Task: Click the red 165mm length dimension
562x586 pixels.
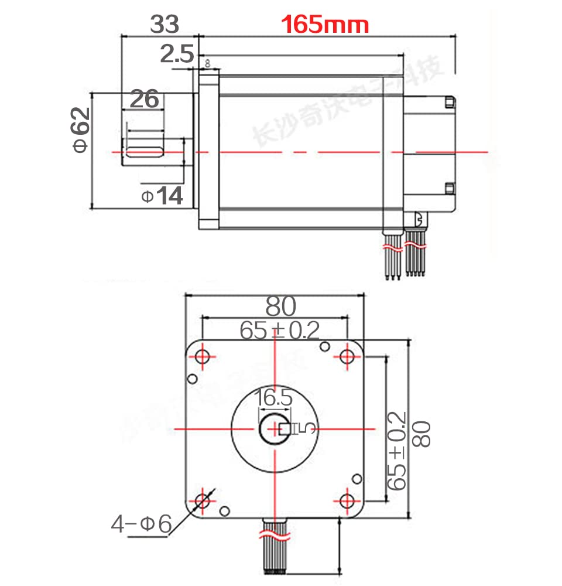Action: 325,25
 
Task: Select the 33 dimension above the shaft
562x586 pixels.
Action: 165,24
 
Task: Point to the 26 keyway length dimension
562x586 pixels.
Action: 144,99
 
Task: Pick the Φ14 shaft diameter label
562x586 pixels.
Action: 162,196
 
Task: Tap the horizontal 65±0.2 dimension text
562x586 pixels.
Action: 280,331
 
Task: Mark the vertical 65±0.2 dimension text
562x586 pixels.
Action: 396,451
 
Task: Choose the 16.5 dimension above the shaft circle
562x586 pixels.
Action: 273,398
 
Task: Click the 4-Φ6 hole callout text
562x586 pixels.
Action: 141,523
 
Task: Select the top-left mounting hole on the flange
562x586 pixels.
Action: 204,356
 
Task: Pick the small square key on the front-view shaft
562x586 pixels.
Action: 286,429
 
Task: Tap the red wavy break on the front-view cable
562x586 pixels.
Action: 274,534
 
